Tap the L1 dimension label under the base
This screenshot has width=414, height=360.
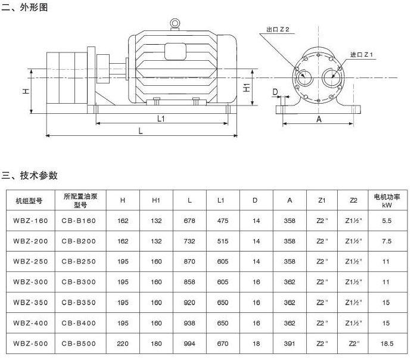pyautogui.click(x=161, y=119)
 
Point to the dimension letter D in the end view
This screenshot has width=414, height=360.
pyautogui.click(x=275, y=92)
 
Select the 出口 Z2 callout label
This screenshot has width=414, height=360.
pyautogui.click(x=278, y=29)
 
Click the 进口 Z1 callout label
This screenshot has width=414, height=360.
pyautogui.click(x=361, y=55)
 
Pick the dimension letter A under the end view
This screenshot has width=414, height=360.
pyautogui.click(x=319, y=119)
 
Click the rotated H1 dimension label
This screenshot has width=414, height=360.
pyautogui.click(x=247, y=88)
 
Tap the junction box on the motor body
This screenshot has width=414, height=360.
pyautogui.click(x=175, y=52)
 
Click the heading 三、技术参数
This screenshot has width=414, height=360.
pyautogui.click(x=30, y=175)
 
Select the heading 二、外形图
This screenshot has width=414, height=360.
pyautogui.click(x=24, y=7)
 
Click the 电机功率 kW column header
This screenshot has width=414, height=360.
pyautogui.click(x=387, y=201)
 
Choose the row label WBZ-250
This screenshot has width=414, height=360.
pyautogui.click(x=30, y=262)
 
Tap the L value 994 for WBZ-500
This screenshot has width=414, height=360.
pyautogui.click(x=189, y=344)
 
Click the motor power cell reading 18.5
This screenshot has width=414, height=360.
pyautogui.click(x=387, y=344)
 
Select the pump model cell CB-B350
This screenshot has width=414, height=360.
pyautogui.click(x=79, y=302)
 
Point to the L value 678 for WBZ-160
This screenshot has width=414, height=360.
pyautogui.click(x=189, y=221)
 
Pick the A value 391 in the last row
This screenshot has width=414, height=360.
pyautogui.click(x=290, y=344)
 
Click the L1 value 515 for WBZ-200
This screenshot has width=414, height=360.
pyautogui.click(x=223, y=241)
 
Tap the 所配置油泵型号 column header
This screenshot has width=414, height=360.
pyautogui.click(x=80, y=200)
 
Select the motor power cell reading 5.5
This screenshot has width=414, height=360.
pyautogui.click(x=387, y=221)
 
